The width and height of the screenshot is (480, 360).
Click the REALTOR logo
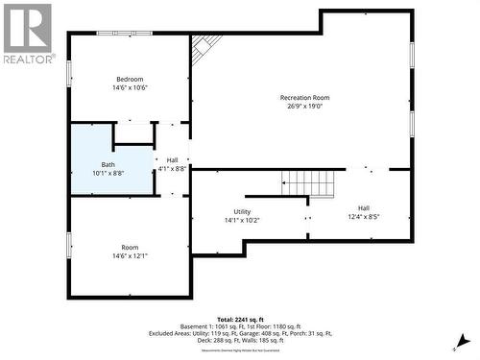[27, 34]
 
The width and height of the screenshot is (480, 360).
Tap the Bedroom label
[130, 79]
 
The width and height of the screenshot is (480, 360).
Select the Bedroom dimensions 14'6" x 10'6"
[130, 88]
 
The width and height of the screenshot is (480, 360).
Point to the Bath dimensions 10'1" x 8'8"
[108, 174]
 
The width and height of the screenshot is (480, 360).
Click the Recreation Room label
[304, 98]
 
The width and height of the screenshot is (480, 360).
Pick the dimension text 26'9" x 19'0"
[304, 108]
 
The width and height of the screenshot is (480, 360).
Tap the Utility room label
[242, 211]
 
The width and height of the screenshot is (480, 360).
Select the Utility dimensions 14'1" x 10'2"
[242, 221]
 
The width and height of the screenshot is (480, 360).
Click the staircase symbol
[310, 181]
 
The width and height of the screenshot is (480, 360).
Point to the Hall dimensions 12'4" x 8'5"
[363, 217]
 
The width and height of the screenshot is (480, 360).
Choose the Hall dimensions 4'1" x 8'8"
[172, 169]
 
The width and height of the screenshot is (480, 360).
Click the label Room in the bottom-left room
[130, 247]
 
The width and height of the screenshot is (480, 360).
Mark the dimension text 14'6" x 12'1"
[130, 256]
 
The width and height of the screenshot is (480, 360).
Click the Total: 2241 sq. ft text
[241, 319]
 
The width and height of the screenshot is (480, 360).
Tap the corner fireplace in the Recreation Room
[204, 47]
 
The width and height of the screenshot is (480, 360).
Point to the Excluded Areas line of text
[241, 333]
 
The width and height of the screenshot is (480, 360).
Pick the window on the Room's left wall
[68, 244]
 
